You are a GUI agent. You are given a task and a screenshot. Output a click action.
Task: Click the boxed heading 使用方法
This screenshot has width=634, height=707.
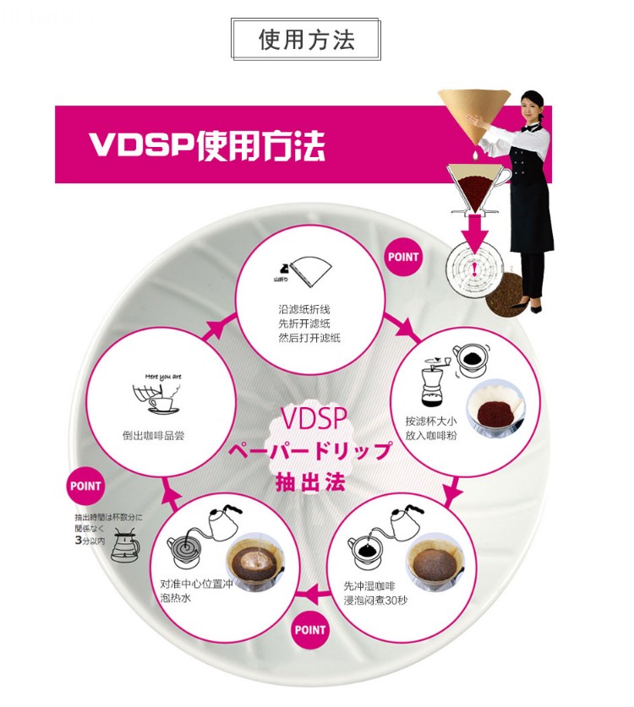tap(307, 40)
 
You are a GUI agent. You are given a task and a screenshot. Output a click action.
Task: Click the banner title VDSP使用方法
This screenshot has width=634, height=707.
tap(206, 144)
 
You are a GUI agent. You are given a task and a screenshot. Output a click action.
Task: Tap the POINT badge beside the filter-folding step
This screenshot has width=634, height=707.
tap(404, 257)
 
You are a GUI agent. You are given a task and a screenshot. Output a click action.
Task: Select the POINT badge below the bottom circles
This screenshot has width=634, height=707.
tap(310, 628)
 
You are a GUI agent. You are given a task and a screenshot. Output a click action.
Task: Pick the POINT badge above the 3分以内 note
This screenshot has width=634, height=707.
tap(85, 486)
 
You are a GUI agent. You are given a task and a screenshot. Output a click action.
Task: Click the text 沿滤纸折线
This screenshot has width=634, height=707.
tap(309, 309)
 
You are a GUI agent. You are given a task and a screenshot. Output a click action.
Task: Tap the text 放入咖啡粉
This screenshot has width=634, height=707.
tap(431, 436)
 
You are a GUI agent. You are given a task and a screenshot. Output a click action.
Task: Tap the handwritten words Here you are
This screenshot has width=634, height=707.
tap(164, 376)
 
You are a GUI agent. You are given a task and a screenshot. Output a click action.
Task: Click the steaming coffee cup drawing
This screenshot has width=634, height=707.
tap(156, 399)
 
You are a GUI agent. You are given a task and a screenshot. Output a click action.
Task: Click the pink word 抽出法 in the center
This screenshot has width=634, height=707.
tap(309, 483)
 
